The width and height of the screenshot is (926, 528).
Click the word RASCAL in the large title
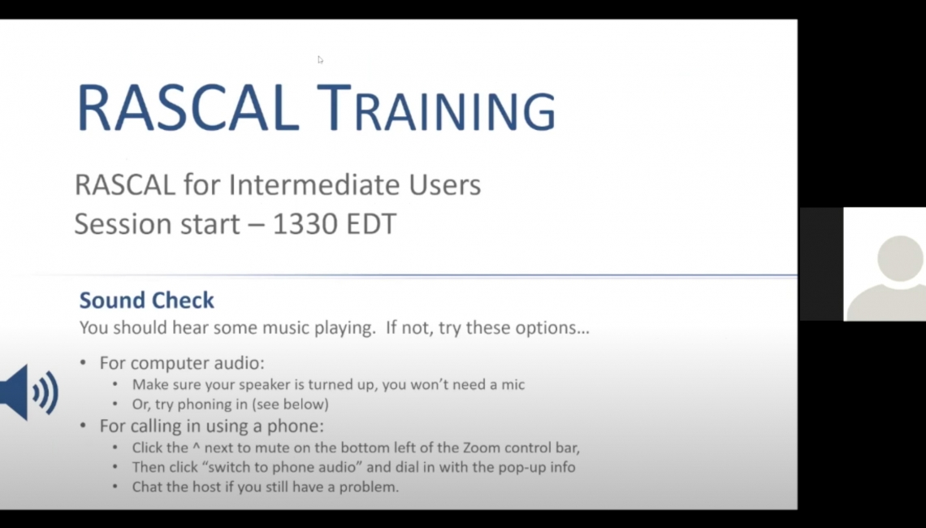188,109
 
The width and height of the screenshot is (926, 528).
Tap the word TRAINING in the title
436,109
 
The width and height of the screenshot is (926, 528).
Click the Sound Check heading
146,300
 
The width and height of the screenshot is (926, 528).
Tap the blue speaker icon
29,392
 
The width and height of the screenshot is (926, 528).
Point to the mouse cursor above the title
319,59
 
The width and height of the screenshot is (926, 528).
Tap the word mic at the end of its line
513,384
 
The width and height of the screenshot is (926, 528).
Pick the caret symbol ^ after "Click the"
196,446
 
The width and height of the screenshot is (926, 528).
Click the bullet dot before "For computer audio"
84,362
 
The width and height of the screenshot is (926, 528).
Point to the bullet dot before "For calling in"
84,425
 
